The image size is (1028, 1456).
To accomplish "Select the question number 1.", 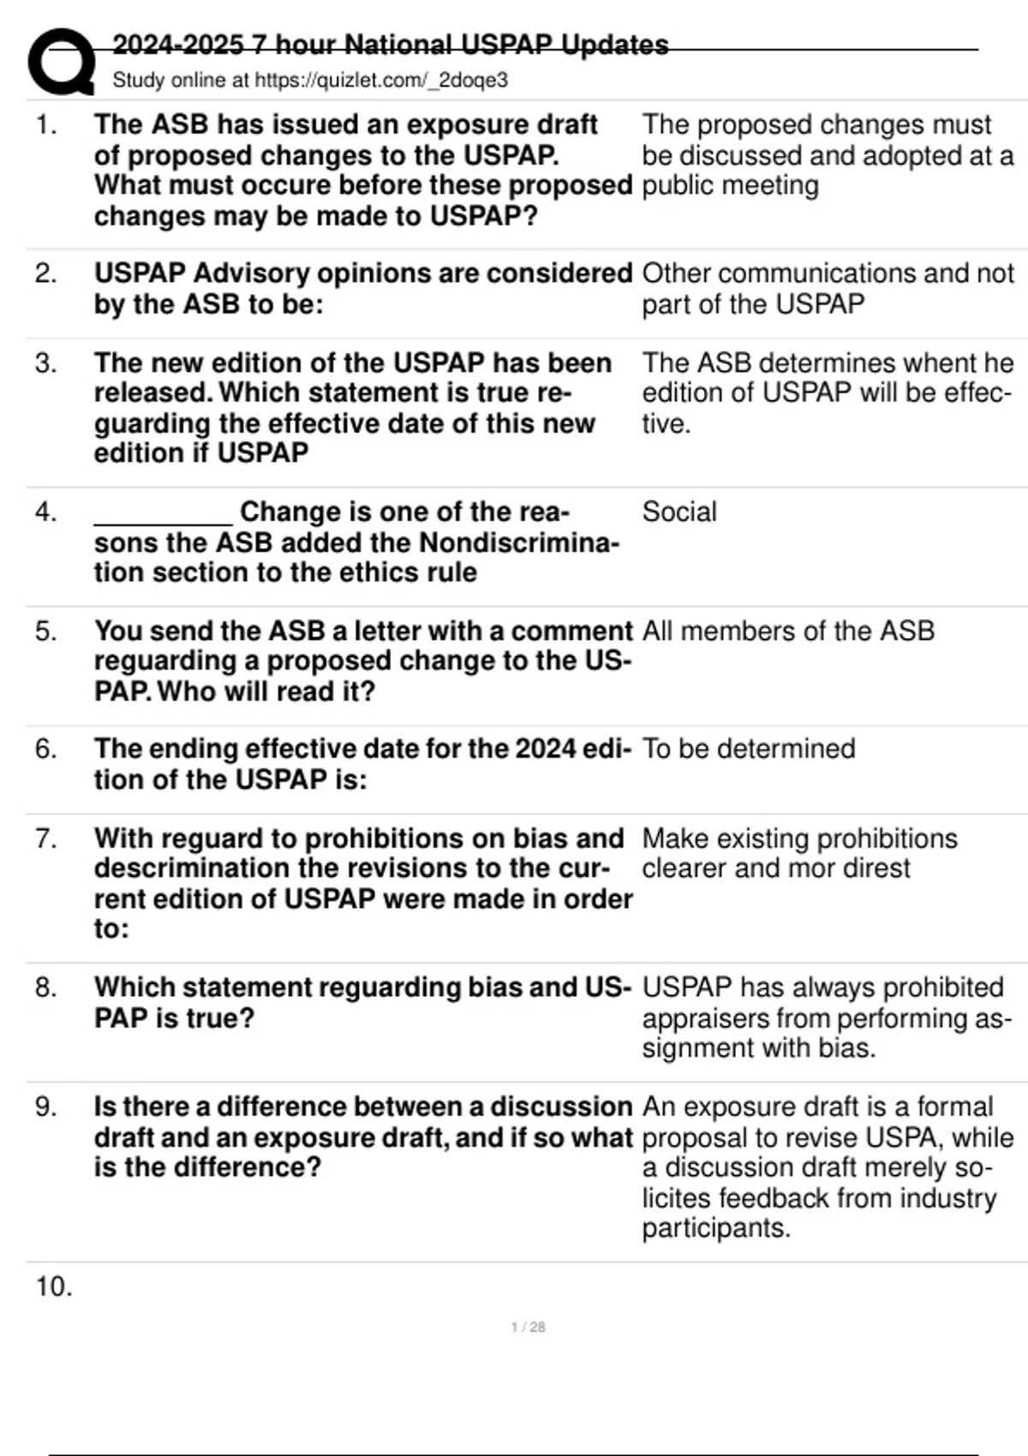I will [x=45, y=125].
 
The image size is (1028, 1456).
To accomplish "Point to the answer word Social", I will [x=679, y=512].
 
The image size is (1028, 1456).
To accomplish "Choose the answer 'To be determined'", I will [x=749, y=749].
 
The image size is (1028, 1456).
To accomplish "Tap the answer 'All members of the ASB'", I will [x=788, y=631].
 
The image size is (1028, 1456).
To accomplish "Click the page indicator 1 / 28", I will [x=528, y=1327].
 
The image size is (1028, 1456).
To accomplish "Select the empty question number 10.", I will [x=53, y=1286].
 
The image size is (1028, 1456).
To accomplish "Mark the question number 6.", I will [x=45, y=749].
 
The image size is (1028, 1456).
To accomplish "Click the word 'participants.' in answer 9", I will [x=716, y=1228].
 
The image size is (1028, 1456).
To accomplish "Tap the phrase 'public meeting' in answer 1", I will [x=730, y=186].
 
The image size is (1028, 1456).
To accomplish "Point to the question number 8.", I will [x=45, y=988].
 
